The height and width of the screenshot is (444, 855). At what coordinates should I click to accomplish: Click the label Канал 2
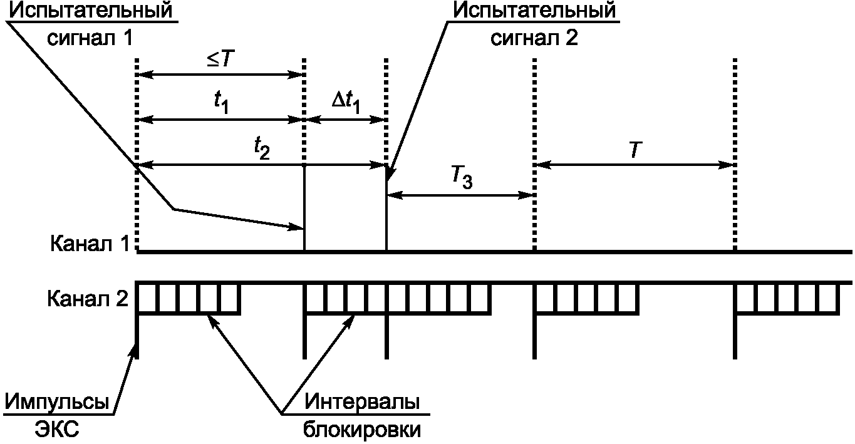87,299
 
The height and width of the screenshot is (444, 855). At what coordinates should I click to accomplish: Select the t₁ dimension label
220,103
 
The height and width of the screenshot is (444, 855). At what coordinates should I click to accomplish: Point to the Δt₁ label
345,101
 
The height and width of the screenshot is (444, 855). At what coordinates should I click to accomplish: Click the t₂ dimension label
262,148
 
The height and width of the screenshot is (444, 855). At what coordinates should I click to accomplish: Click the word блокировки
361,430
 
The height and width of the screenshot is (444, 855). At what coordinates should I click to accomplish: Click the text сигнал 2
534,38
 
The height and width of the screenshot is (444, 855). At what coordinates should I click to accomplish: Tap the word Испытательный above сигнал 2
534,11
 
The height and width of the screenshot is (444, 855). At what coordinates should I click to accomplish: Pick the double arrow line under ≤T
220,75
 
